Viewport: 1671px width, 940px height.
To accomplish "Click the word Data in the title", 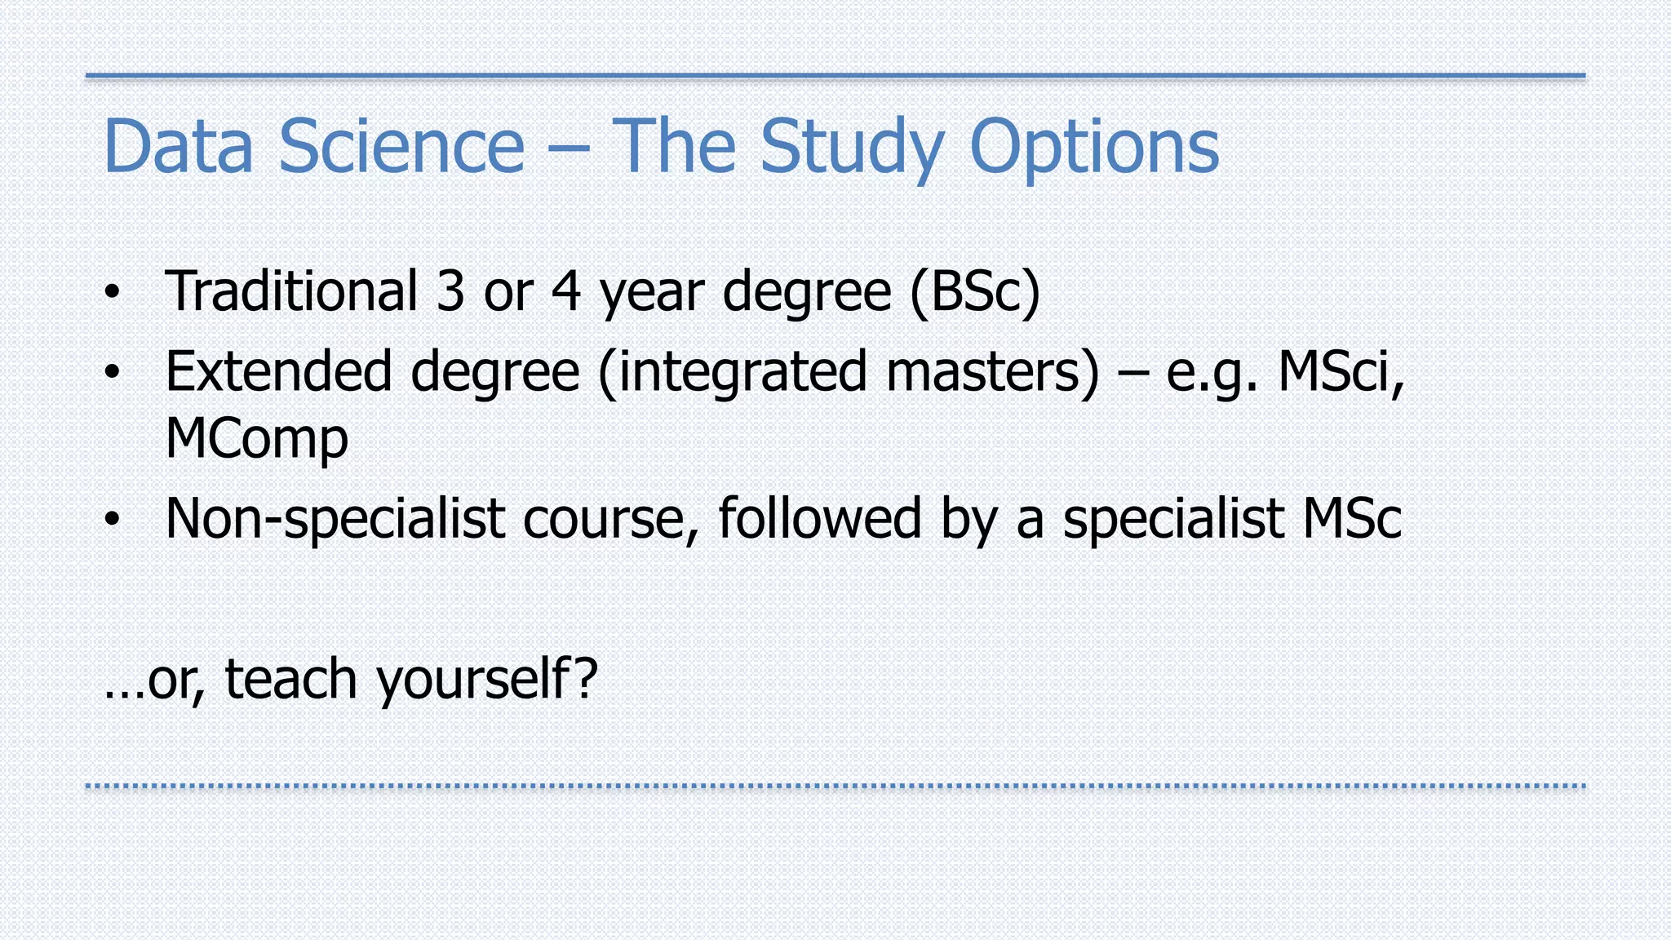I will [x=178, y=146].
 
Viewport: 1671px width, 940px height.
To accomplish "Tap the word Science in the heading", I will [x=401, y=146].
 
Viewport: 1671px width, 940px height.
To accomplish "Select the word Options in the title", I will [x=1094, y=148].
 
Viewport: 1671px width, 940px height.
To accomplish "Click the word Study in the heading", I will [x=852, y=148].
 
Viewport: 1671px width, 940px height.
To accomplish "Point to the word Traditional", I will [x=291, y=291].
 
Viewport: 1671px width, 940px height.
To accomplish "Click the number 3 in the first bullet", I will [x=450, y=291].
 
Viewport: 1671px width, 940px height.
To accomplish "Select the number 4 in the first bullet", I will [x=566, y=291].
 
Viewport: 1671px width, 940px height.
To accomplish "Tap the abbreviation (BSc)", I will [x=975, y=291].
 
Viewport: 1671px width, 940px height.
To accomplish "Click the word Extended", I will [x=278, y=371].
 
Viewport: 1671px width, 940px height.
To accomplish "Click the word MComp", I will [x=256, y=439].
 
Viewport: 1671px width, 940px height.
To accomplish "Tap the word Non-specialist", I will [x=335, y=519].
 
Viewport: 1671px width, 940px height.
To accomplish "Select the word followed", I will [x=819, y=518].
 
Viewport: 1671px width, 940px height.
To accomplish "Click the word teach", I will [x=290, y=679].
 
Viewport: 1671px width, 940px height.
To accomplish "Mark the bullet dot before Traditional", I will [x=113, y=292].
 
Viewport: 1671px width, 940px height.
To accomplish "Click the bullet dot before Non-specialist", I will [x=113, y=519].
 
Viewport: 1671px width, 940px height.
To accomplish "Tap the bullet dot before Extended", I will [x=113, y=373].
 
